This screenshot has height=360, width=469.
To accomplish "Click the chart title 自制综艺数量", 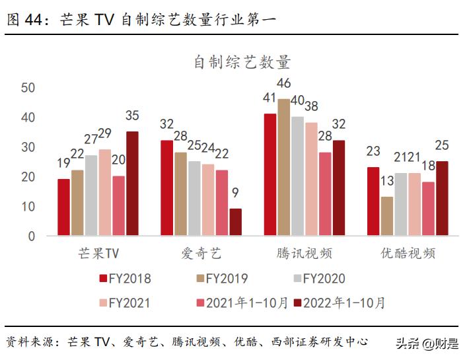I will pos(242,63).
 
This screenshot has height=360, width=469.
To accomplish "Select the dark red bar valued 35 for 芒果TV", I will pos(132,183).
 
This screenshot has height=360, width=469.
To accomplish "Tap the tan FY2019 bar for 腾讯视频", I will pos(283,167).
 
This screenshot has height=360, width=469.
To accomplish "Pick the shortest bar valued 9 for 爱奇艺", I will pos(235,222).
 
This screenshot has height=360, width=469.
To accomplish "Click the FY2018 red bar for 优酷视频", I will pos(373,201).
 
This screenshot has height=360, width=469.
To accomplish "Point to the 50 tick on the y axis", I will pos(28,88).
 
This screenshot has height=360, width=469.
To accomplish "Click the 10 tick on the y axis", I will pos(28,206).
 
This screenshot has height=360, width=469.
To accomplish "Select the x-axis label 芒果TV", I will pos(98,254).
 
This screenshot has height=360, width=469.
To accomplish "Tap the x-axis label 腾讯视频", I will pos(305,254).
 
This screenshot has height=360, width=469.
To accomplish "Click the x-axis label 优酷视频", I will pos(408,254).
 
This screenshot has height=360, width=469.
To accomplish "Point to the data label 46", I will pos(284,83).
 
